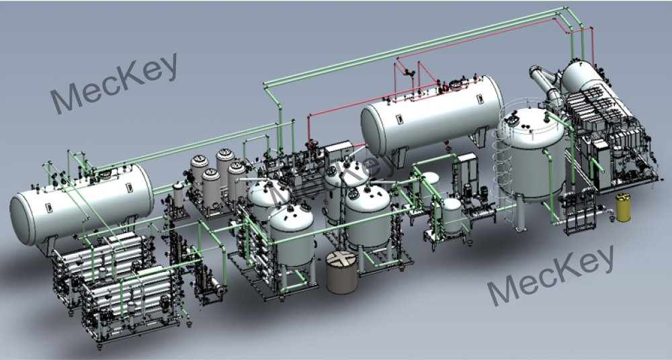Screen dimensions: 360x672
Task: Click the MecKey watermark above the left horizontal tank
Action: (x=115, y=82)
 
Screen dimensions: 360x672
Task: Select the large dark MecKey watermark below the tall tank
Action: (x=550, y=275)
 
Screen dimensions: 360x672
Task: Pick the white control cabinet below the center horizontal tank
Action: (x=339, y=150)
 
